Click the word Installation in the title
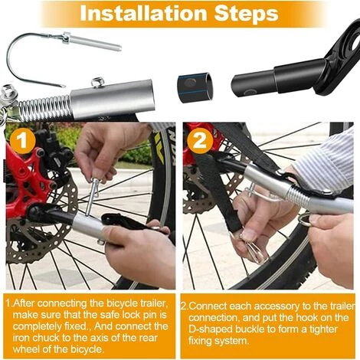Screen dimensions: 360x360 pos(143,13)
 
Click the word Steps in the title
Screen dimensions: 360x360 pos(246,14)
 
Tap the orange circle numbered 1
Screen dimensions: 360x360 pos(23,140)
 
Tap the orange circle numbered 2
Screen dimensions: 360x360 pos(200,140)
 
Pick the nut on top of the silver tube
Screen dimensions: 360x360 pos(97,82)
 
